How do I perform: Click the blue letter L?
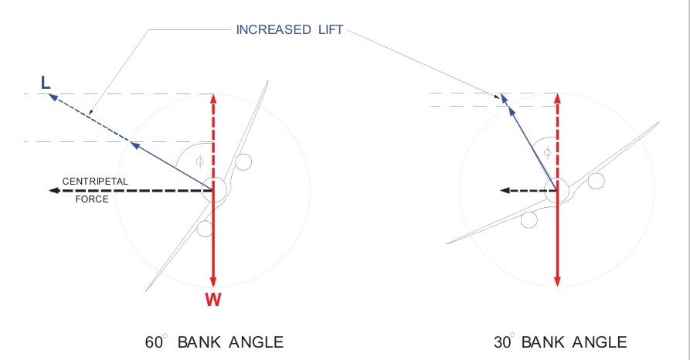coord(46,82)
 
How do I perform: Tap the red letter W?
coord(213,300)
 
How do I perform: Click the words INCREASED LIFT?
coord(291,31)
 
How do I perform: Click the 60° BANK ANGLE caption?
coord(214,341)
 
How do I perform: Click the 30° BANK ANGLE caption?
coord(560,341)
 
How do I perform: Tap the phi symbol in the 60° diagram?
coord(199,161)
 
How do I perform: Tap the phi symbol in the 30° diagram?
coord(547,152)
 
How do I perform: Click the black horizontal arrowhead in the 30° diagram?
coord(504,189)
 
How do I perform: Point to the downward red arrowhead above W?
coord(213,280)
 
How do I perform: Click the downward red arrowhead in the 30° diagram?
coord(557,280)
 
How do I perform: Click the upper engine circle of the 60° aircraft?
coord(244,162)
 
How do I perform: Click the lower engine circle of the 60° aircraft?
coord(205,229)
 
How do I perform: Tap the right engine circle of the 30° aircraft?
coord(596,181)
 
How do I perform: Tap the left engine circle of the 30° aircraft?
coord(529,219)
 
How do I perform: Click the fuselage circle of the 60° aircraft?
coord(214,190)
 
